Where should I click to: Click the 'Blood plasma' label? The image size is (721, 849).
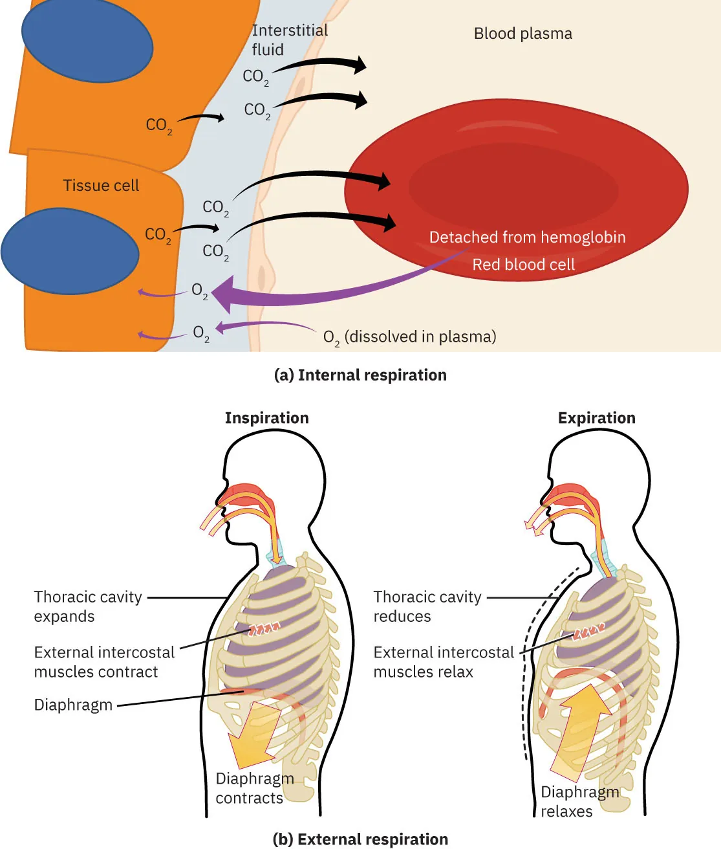(522, 34)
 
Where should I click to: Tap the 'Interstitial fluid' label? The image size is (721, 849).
(288, 40)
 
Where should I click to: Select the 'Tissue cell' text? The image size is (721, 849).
(101, 186)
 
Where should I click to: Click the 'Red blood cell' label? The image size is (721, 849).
(523, 265)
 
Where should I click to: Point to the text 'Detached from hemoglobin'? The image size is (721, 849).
(527, 237)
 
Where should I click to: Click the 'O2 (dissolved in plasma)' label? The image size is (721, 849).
(409, 337)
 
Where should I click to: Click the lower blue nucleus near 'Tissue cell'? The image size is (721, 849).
(70, 251)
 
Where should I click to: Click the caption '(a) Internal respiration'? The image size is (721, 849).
(360, 375)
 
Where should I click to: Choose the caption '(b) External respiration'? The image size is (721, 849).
(360, 839)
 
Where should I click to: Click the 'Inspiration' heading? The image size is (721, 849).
(266, 418)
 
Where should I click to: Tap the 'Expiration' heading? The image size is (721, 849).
(596, 418)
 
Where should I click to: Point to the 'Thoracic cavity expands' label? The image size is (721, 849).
(87, 606)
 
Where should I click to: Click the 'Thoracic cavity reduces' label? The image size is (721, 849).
(427, 606)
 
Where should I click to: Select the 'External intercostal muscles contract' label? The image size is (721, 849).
(103, 662)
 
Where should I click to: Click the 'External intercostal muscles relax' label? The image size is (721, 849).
(443, 662)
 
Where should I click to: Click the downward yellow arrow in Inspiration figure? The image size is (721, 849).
(254, 734)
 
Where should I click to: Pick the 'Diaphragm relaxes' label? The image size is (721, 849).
(579, 802)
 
